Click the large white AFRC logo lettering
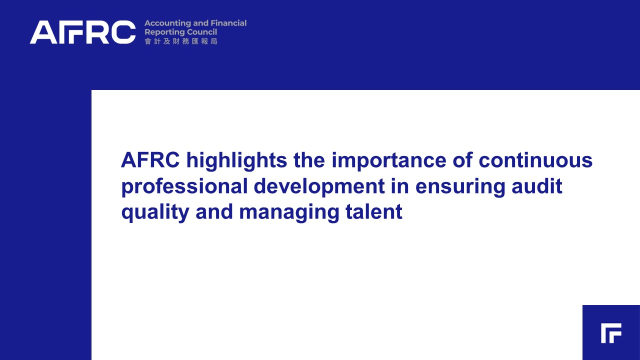click(82, 32)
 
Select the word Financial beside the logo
click(228, 23)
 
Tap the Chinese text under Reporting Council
click(181, 41)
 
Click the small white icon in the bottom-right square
click(611, 333)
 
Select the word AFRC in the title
click(150, 160)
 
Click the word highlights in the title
click(236, 161)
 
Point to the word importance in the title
click(389, 161)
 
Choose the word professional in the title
click(184, 187)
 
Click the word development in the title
click(319, 187)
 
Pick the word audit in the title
click(537, 185)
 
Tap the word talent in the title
click(374, 211)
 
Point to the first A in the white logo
click(43, 32)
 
